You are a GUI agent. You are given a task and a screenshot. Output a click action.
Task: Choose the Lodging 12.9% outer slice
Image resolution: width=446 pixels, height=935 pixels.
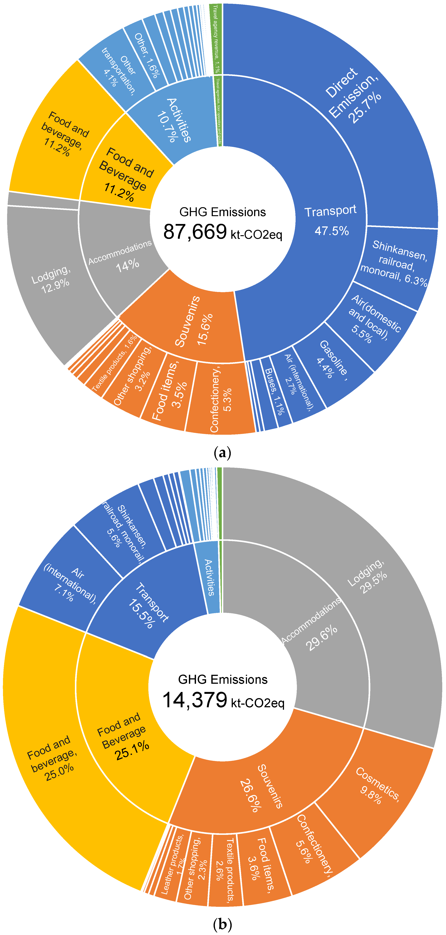51,279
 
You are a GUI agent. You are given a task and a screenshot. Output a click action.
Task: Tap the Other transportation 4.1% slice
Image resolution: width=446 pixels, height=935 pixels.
118,69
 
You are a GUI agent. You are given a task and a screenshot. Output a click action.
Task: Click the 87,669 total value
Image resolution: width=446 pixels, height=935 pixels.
195,232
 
